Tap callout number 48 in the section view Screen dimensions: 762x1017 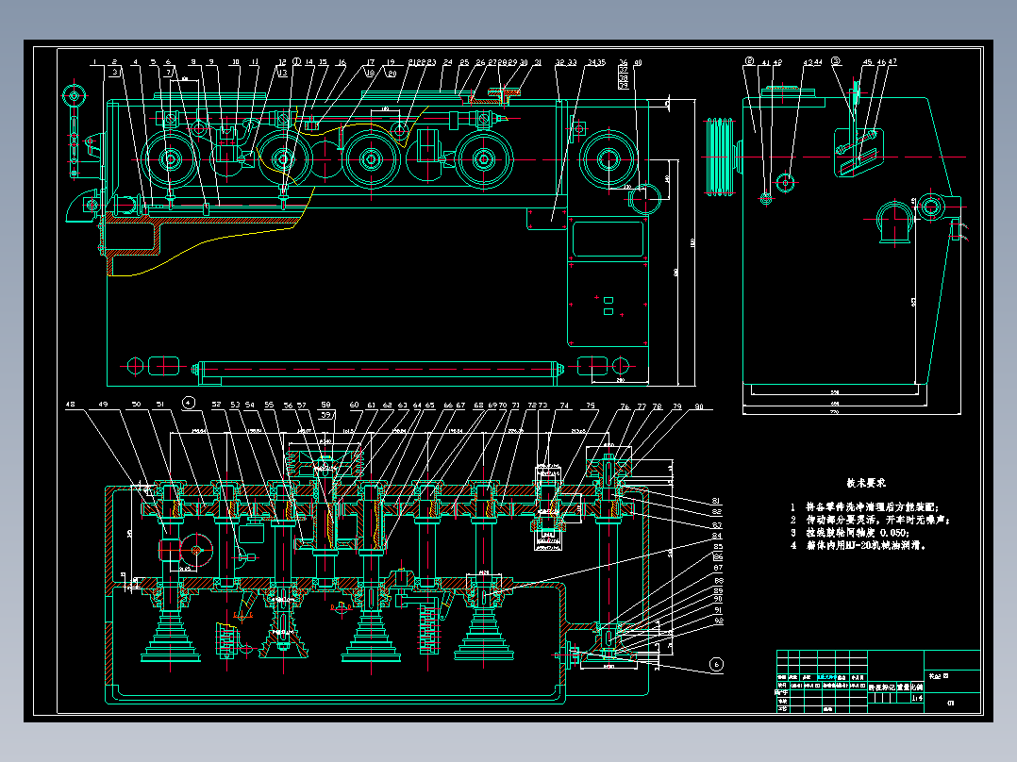[70, 405]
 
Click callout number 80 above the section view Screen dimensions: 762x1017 [699, 406]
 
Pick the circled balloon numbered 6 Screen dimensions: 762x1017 [716, 665]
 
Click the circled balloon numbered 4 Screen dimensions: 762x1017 [189, 403]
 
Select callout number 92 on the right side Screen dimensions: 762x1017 [717, 621]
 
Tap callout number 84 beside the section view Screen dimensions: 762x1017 [717, 536]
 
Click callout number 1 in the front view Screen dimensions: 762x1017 [95, 62]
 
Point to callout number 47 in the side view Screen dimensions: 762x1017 [892, 62]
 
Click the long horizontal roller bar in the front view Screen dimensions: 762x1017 [377, 367]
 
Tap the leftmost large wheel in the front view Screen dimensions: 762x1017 [170, 159]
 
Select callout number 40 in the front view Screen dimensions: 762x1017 [638, 62]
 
